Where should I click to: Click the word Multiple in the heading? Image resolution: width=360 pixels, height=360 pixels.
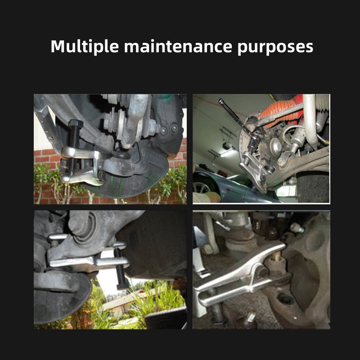(x=85, y=47)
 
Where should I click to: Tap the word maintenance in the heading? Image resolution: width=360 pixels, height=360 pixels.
(x=178, y=47)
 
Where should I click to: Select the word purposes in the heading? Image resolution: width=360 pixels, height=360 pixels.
(x=275, y=48)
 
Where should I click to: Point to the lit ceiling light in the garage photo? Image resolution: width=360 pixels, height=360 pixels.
(x=228, y=153)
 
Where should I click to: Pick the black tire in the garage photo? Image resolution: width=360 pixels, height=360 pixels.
(x=313, y=187)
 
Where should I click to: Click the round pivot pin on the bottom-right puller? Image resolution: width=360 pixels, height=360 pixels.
(x=262, y=272)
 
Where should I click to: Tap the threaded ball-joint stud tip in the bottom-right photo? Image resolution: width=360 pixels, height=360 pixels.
(x=276, y=255)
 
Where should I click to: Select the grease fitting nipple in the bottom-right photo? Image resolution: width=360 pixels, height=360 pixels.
(x=297, y=228)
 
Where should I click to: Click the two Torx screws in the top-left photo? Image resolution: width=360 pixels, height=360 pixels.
(x=169, y=129)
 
